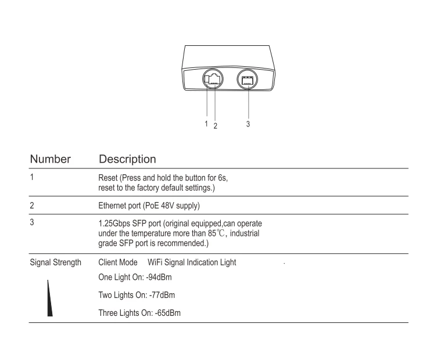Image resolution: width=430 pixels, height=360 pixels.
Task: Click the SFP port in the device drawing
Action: [248, 81]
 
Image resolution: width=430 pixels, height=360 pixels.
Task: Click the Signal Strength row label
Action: [56, 262]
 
